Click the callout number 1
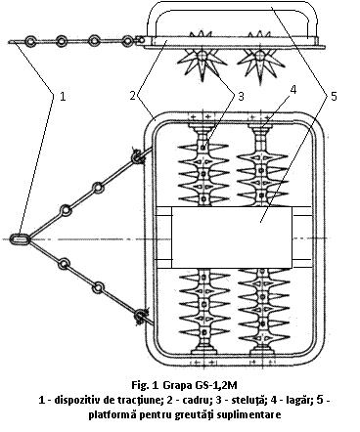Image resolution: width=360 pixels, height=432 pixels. click(63, 96)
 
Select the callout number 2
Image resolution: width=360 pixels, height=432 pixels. click(132, 96)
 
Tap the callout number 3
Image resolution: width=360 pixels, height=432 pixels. click(241, 96)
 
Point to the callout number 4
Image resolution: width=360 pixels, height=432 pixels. click(293, 90)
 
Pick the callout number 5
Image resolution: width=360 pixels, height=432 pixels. click(334, 96)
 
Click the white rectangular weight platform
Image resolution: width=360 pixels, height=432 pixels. click(232, 238)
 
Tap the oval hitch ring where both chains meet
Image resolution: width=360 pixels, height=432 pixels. click(21, 238)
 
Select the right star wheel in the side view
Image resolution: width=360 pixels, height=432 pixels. click(260, 57)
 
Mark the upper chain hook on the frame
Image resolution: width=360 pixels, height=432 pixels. click(139, 157)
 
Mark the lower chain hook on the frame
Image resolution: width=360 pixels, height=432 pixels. click(140, 317)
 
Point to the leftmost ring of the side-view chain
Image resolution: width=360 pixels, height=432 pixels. click(30, 42)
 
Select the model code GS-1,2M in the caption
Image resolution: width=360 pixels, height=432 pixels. click(216, 385)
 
